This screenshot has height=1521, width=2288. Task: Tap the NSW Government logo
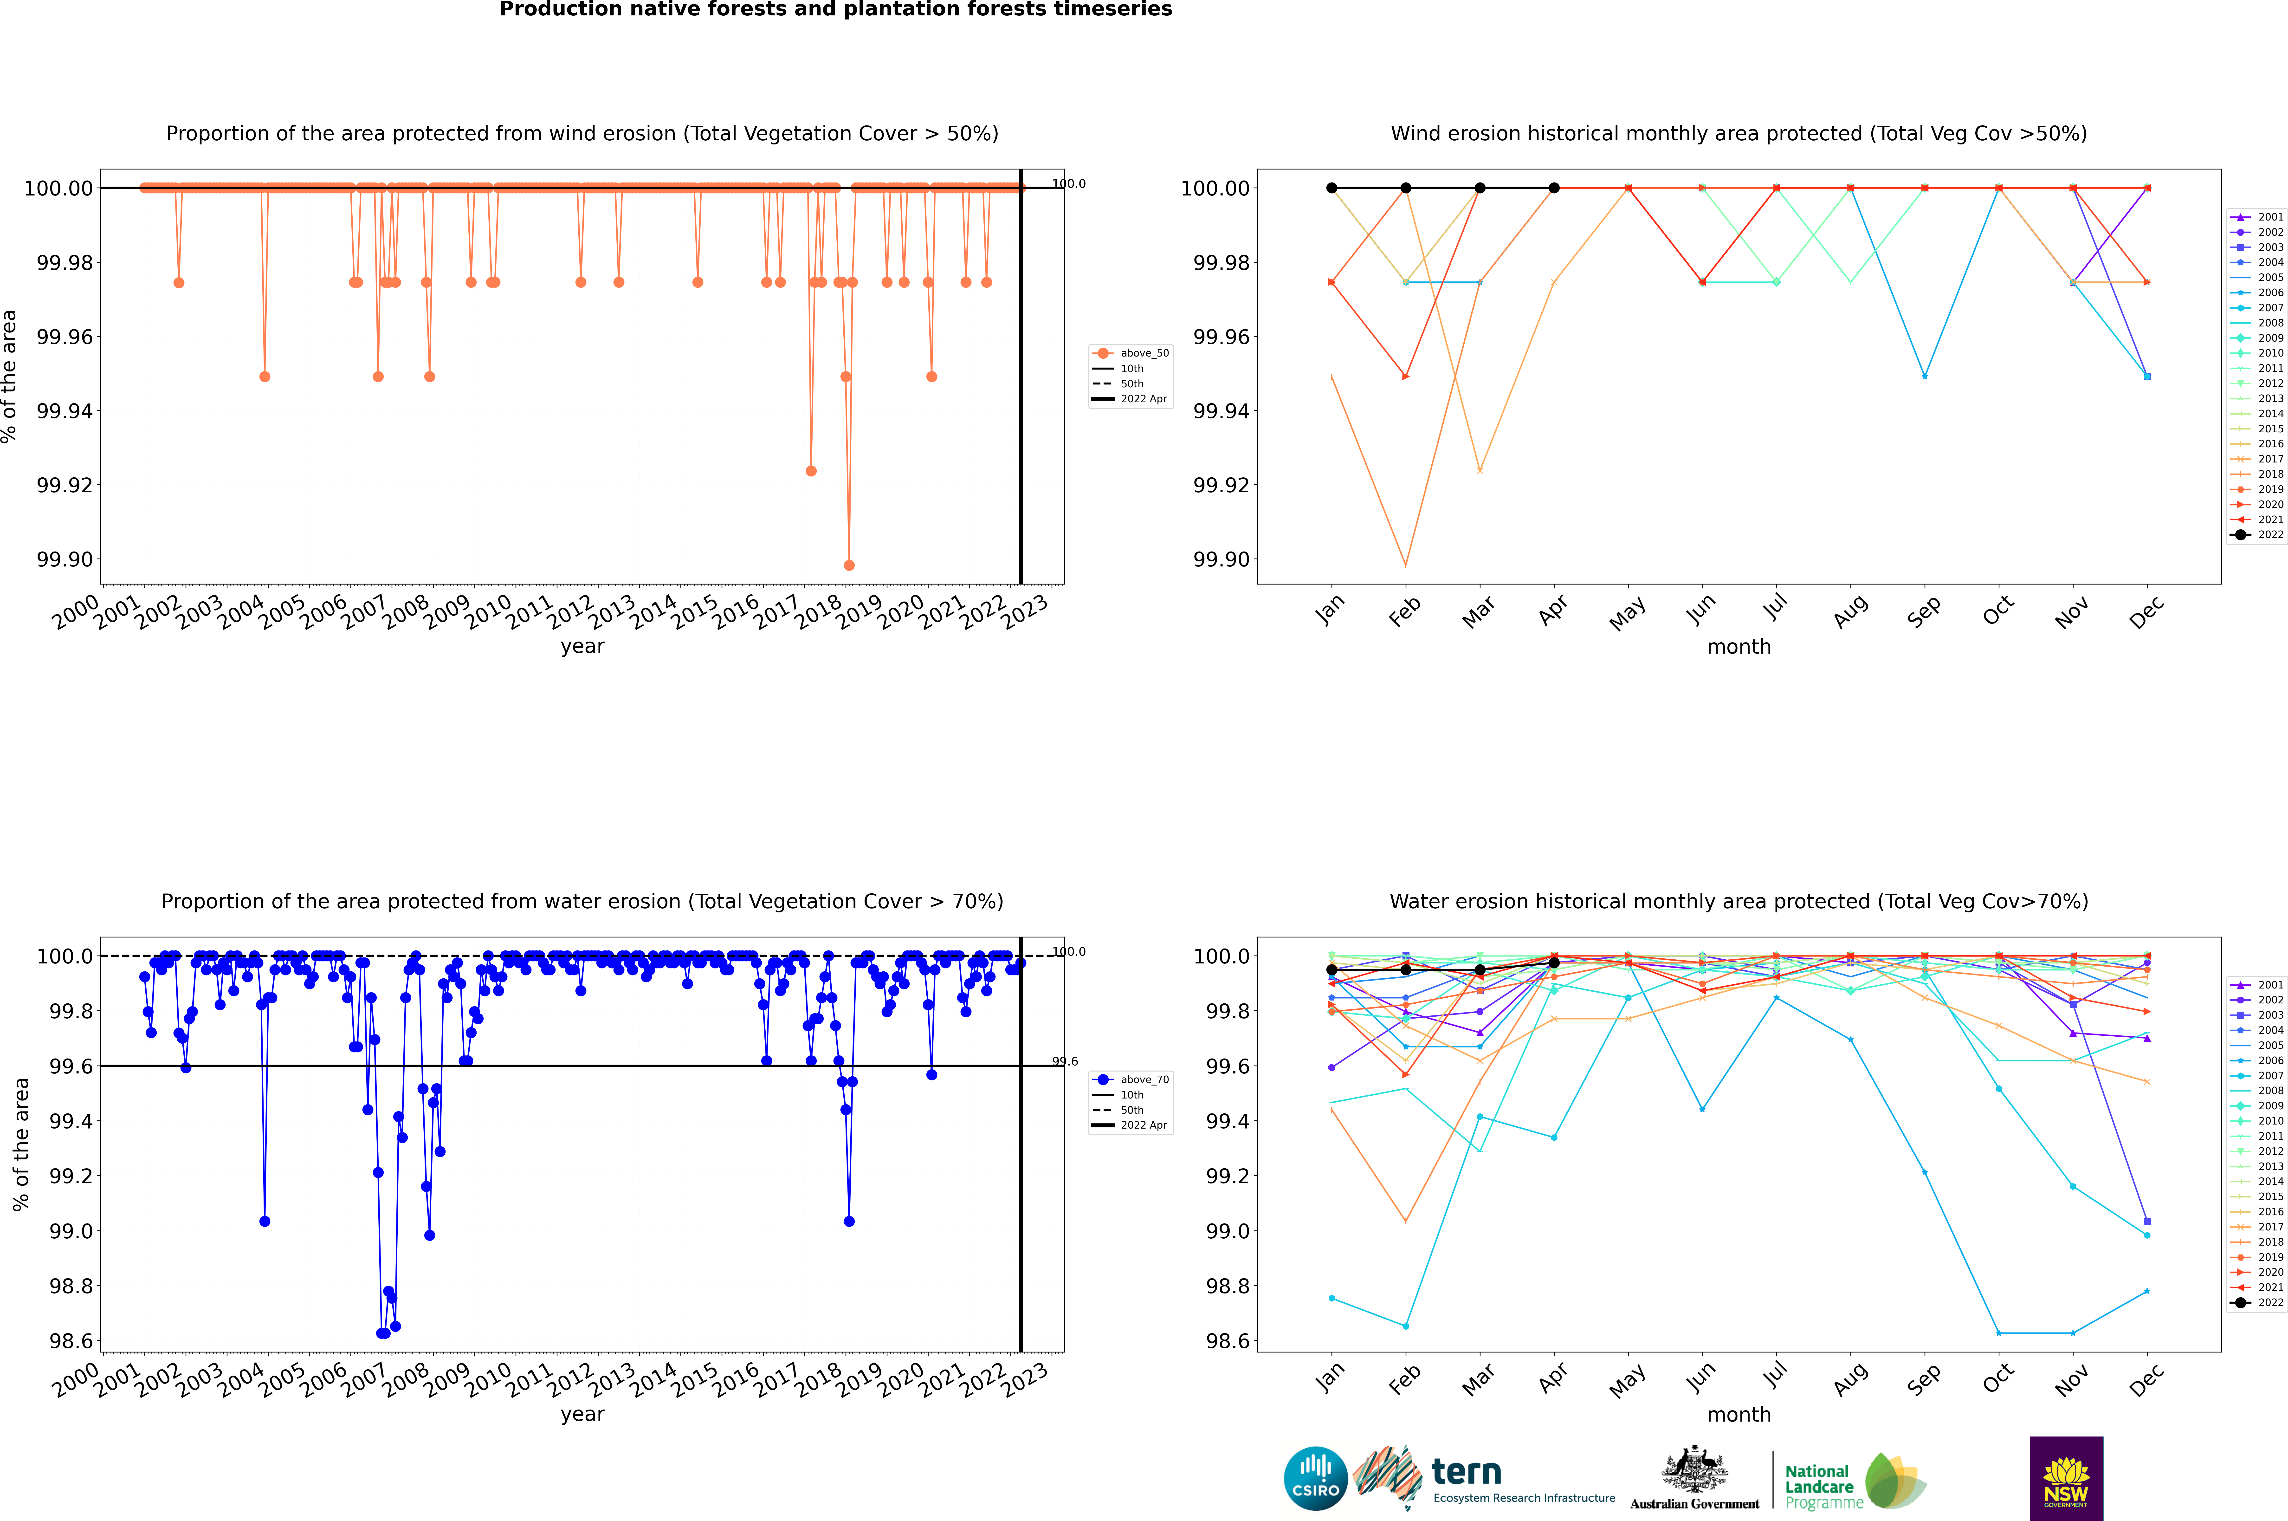2066,1478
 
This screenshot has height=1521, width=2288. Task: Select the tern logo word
1467,1473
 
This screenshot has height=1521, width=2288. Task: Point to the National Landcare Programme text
1820,1486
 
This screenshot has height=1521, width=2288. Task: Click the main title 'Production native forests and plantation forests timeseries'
835,10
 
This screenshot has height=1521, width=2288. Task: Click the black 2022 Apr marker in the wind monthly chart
1554,188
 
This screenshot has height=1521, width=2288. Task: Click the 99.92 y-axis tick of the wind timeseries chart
64,485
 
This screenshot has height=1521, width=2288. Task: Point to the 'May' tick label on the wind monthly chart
1628,613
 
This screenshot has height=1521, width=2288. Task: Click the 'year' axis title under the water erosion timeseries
582,1414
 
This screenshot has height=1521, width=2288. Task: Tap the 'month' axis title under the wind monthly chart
1739,647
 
